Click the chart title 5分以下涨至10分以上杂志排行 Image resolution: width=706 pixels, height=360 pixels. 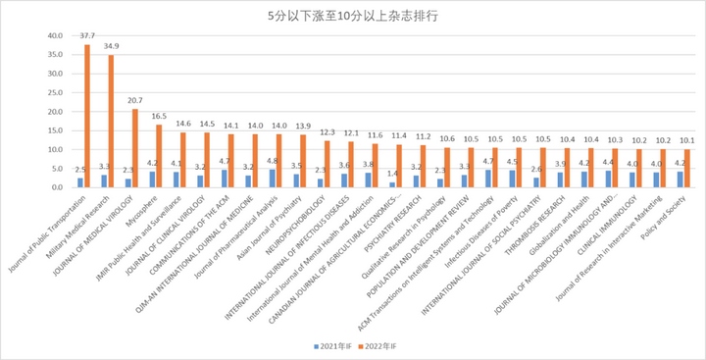[352, 17]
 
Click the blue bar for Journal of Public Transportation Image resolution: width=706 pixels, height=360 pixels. [80, 182]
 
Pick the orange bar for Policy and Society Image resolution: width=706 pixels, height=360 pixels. [688, 168]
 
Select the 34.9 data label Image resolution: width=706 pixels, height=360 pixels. [112, 47]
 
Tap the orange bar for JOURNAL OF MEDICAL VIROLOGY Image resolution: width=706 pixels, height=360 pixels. [135, 147]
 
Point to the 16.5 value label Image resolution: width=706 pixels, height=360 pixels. [159, 117]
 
